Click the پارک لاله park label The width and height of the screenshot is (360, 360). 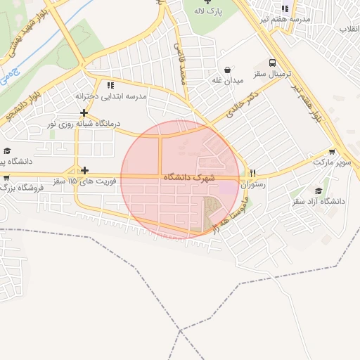210,13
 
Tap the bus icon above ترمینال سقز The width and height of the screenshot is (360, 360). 272,62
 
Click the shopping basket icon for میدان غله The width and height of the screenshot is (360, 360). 229,70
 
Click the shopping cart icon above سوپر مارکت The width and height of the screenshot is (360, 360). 332,151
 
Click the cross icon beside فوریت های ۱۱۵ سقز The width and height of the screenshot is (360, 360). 84,170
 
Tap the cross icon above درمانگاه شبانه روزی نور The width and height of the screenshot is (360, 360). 84,112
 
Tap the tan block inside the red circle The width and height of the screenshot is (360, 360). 210,212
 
